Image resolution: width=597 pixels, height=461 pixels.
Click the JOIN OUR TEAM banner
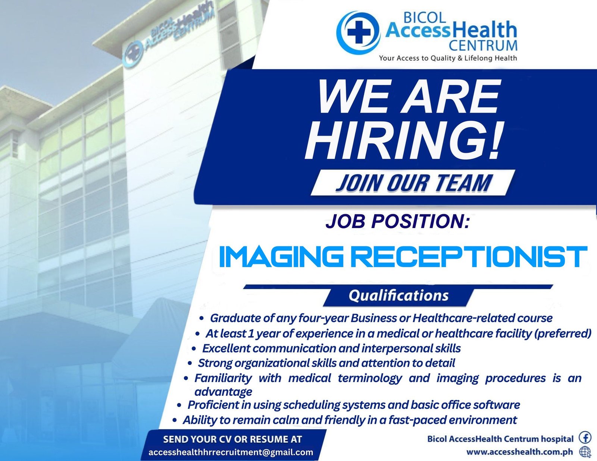point(413,183)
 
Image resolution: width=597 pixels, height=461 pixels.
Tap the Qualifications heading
point(398,296)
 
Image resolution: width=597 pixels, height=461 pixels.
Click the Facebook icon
point(585,438)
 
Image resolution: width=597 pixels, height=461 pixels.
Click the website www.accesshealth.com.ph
point(519,452)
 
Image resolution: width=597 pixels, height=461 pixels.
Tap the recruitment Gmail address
point(231,452)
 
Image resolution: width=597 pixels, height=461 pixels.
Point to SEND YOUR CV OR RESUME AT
point(232,439)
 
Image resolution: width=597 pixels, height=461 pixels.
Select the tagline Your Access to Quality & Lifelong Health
point(448,58)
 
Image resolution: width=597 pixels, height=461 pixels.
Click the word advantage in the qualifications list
point(223,392)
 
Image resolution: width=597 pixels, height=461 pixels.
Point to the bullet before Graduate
point(201,319)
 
